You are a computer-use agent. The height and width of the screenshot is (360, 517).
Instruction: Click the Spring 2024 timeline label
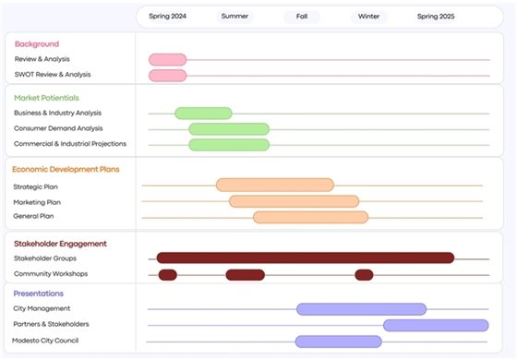[x=167, y=16]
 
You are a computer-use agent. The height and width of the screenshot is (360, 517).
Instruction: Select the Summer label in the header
[x=234, y=16]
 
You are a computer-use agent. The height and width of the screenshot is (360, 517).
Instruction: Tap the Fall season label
[x=302, y=16]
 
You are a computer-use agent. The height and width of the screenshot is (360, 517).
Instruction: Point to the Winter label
[x=368, y=16]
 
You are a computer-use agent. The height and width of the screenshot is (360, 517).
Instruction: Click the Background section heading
[x=37, y=43]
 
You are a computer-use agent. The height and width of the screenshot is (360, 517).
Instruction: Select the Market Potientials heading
[x=46, y=97]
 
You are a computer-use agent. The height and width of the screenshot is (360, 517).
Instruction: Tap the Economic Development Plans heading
[x=66, y=169]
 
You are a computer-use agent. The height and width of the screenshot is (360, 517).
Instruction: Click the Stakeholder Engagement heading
[x=60, y=244]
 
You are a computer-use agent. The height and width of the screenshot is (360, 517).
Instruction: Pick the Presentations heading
[x=39, y=294]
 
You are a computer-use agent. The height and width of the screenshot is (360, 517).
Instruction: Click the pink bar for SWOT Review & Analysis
[x=167, y=75]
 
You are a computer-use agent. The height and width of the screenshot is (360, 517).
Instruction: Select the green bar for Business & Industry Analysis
[x=203, y=114]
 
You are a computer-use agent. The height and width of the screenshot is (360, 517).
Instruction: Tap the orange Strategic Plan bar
[x=275, y=185]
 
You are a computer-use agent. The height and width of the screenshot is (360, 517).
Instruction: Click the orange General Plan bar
[x=310, y=217]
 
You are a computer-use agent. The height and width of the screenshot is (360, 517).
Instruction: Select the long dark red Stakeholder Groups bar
[x=305, y=258]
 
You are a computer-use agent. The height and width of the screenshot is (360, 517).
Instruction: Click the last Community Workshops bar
[x=364, y=274]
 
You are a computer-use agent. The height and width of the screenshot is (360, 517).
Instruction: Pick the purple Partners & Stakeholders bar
[x=435, y=325]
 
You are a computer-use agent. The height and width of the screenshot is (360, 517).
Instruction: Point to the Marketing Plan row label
[x=37, y=201]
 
